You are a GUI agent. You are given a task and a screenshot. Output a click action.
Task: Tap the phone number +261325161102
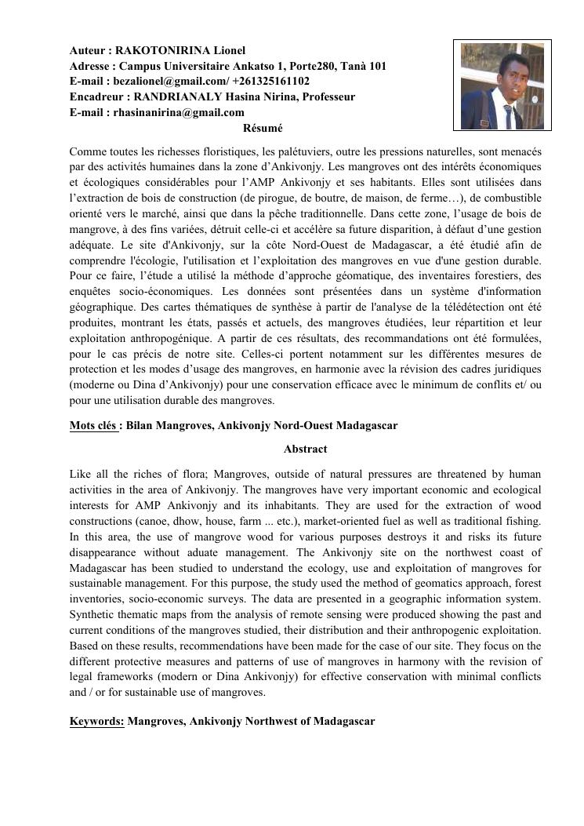pos(267,82)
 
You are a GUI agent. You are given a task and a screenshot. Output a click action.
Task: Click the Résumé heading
pos(263,128)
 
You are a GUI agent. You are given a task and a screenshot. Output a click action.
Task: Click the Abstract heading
pos(305,449)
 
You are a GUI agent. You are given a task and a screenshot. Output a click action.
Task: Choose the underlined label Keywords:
pos(97,721)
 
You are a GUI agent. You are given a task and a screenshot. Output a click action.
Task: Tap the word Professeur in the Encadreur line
pos(328,97)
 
